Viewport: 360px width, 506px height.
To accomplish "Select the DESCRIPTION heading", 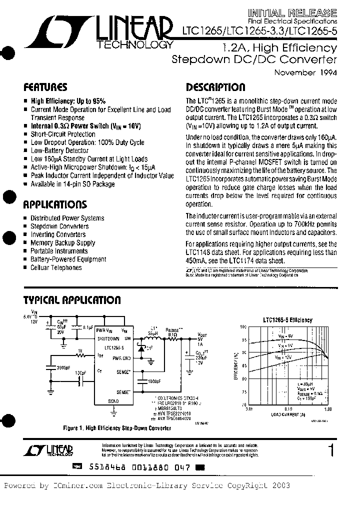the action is click(x=215, y=86).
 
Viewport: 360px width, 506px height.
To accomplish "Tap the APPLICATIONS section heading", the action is click(x=55, y=204).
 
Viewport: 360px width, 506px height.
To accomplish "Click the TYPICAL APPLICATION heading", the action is click(x=72, y=300).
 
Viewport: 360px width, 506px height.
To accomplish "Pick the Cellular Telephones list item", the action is click(x=56, y=267).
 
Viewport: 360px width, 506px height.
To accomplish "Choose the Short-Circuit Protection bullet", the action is click(x=63, y=134).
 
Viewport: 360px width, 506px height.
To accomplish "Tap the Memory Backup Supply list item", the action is click(x=62, y=242).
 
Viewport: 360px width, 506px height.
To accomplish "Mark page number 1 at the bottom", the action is click(x=330, y=450).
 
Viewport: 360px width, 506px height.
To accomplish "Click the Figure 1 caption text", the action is click(x=110, y=428).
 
